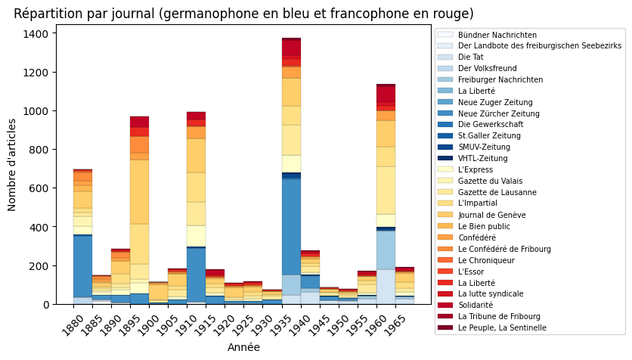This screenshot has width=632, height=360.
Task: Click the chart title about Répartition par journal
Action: [243, 14]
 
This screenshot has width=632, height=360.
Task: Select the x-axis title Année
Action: [243, 347]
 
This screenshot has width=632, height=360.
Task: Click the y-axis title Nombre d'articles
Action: [13, 164]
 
